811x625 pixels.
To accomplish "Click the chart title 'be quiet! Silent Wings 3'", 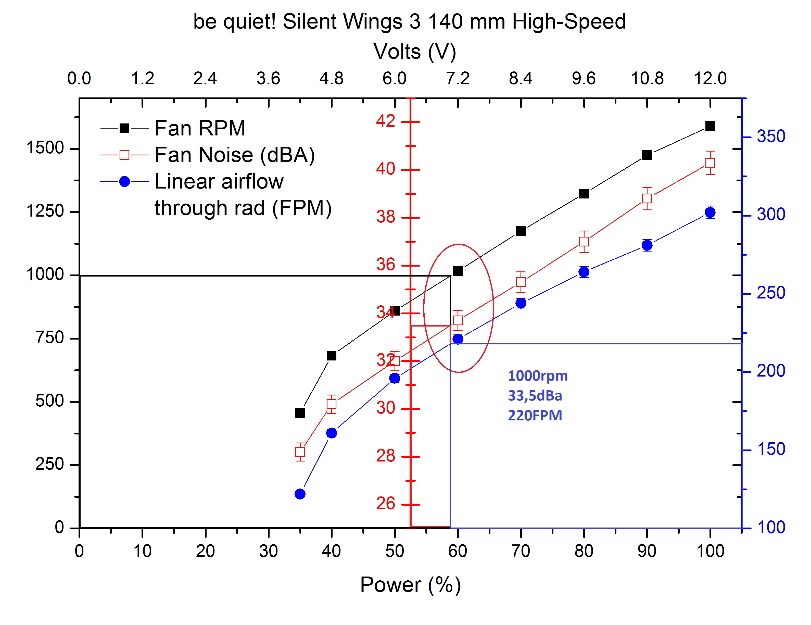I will click(x=409, y=21).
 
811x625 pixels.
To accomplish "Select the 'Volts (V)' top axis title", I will click(x=414, y=51).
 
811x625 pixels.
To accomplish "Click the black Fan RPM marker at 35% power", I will click(x=300, y=413).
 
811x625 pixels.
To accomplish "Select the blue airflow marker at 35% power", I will click(x=300, y=494).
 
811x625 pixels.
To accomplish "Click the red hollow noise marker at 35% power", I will click(x=300, y=452).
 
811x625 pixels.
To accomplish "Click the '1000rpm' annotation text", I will click(x=538, y=376).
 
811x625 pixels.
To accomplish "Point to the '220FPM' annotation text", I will click(x=535, y=415).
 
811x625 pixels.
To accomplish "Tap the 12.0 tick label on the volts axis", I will click(x=710, y=78).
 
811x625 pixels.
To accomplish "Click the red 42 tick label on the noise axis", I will click(x=385, y=121).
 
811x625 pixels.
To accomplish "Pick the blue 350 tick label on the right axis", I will click(x=771, y=136).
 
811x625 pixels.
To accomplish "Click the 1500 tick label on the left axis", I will click(x=45, y=148).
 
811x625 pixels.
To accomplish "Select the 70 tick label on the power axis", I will click(x=521, y=551).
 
